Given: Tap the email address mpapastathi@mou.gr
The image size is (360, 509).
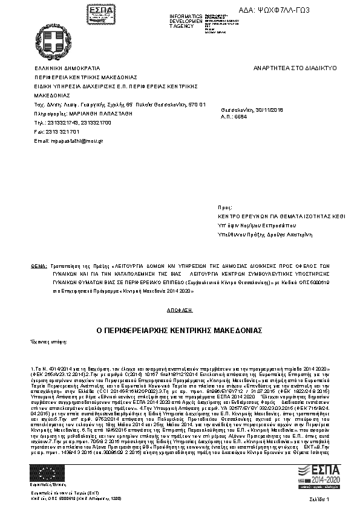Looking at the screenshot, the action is click(69, 140).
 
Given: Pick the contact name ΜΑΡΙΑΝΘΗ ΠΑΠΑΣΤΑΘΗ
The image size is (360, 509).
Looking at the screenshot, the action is click(93, 113).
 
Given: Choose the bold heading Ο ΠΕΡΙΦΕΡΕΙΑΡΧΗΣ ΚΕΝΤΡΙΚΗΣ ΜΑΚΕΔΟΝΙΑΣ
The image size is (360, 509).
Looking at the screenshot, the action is click(179, 331).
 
